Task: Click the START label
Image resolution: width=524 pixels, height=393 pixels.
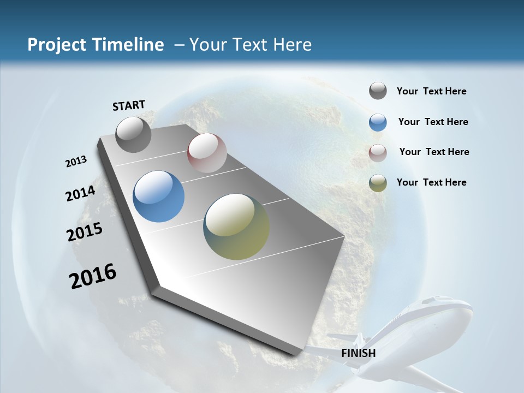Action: coord(129,105)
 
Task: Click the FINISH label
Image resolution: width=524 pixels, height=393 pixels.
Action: coord(358,353)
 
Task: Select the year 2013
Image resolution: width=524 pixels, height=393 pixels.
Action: coord(76,162)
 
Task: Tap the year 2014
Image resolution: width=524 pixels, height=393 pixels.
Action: coord(80,194)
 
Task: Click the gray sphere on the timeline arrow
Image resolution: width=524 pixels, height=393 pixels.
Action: coord(133,135)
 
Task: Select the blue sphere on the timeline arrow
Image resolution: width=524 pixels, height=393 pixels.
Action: coord(158,196)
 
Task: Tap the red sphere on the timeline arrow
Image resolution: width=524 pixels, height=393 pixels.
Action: coord(207,153)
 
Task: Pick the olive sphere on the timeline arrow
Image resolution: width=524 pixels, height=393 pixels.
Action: coord(236,227)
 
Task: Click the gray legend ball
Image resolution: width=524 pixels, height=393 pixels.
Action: coord(378,91)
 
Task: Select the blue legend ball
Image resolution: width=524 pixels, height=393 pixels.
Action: coord(378,122)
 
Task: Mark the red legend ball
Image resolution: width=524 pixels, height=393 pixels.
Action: coord(378,152)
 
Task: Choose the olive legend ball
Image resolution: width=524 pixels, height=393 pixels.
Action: coord(378,183)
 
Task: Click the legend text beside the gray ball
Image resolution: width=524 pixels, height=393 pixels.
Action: coord(431,92)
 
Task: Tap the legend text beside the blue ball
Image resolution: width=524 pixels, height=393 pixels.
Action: coord(433,122)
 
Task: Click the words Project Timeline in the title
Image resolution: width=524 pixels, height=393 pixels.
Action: coord(96,45)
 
